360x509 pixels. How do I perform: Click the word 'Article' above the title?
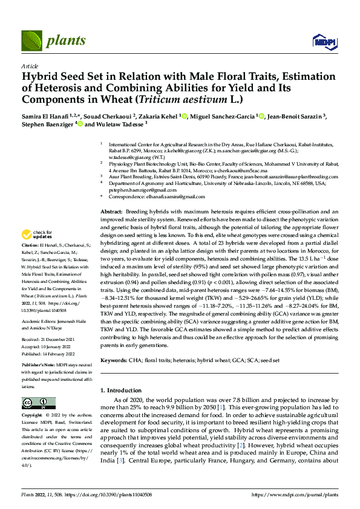(30, 65)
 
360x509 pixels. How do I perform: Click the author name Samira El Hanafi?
(45, 115)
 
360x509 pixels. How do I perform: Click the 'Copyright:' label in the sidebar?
(32, 416)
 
